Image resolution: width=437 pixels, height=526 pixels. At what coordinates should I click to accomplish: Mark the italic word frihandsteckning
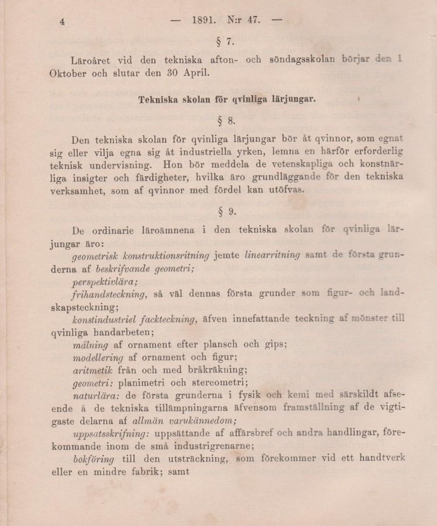[x=109, y=294]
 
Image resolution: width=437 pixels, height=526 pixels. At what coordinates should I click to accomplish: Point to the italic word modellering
[x=98, y=358]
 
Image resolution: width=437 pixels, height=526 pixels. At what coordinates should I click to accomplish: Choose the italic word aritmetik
[x=93, y=371]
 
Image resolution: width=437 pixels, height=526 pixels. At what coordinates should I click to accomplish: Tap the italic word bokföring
[x=93, y=459]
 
